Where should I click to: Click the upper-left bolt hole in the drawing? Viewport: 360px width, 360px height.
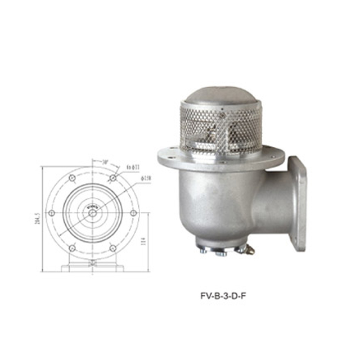tap(72, 178)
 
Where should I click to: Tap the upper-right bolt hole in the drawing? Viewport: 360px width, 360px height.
tap(113, 178)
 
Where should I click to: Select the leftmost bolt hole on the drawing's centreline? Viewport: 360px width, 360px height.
tap(52, 213)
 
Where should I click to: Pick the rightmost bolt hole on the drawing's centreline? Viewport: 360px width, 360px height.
tap(133, 213)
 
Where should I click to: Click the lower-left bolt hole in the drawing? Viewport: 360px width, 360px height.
tap(72, 248)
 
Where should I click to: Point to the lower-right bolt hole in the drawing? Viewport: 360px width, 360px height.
tap(113, 248)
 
